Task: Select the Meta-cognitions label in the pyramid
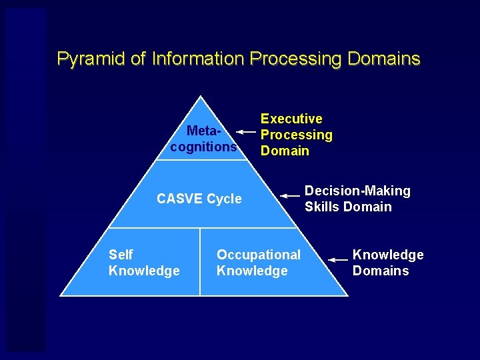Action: (203, 139)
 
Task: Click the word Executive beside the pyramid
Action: (291, 119)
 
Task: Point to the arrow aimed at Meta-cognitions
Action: (246, 133)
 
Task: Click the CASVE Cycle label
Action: (199, 199)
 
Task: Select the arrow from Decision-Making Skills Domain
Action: (290, 196)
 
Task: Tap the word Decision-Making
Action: (357, 191)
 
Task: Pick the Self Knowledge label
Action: (143, 263)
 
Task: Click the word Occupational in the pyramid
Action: (259, 255)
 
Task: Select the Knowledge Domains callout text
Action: (387, 263)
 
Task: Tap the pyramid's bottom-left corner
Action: (61, 295)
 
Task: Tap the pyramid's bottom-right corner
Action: (347, 295)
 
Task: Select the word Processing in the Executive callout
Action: (296, 135)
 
